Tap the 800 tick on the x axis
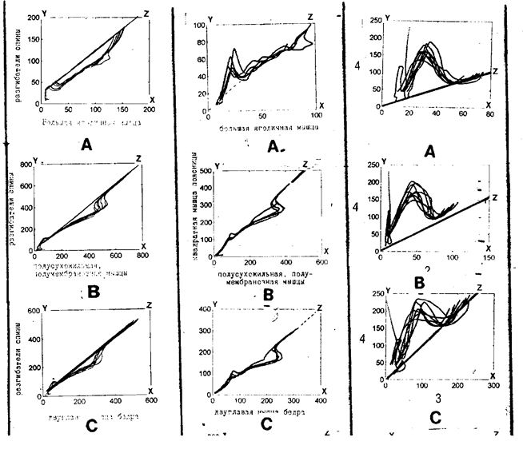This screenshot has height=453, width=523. [x=143, y=256]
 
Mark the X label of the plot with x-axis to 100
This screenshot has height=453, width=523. [x=321, y=105]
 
